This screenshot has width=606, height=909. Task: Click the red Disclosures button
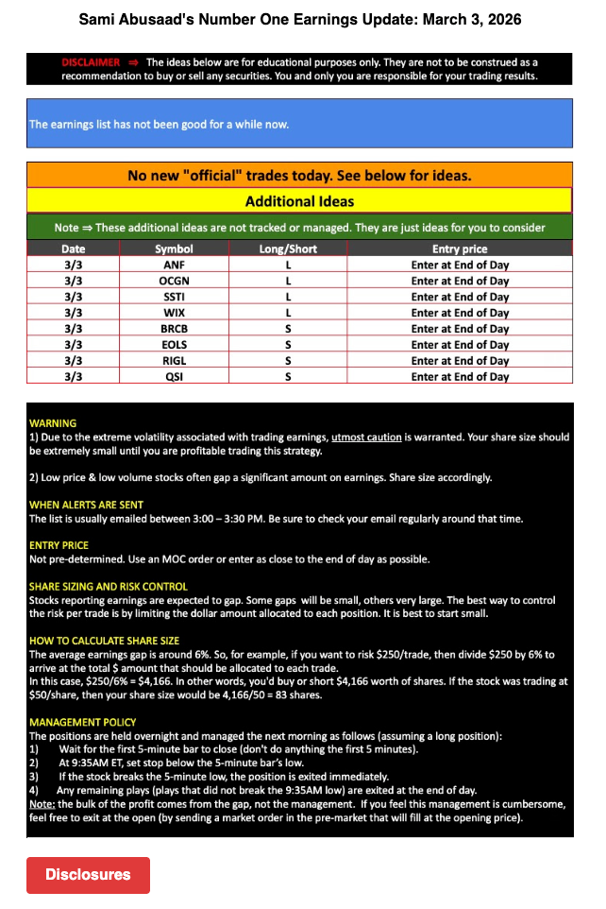[x=88, y=875]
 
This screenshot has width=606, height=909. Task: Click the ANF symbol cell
[x=174, y=265]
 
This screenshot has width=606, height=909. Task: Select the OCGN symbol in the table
[x=174, y=281]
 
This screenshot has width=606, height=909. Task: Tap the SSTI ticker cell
[x=174, y=297]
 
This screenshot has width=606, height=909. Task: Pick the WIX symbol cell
[x=174, y=313]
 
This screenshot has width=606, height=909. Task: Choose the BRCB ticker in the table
[x=174, y=329]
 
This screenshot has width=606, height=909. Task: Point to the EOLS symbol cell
[x=174, y=345]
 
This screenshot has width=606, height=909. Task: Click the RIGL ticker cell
[x=174, y=361]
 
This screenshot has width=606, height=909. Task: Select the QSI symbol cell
[x=174, y=377]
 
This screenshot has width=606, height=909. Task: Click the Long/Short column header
[x=288, y=249]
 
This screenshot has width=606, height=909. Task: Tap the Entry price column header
[x=460, y=249]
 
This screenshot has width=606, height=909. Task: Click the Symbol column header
[x=174, y=249]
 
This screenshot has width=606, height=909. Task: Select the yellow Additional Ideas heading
[x=299, y=201]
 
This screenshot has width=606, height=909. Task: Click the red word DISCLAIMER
[x=91, y=62]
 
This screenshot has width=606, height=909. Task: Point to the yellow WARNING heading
[x=53, y=422]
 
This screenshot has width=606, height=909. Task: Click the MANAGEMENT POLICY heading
[x=80, y=722]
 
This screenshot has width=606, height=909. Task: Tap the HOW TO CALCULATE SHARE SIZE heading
[x=104, y=641]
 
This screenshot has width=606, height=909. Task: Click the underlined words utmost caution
[x=366, y=437]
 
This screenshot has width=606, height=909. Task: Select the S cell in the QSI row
[x=288, y=377]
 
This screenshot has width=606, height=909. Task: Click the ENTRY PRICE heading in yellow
[x=59, y=545]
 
